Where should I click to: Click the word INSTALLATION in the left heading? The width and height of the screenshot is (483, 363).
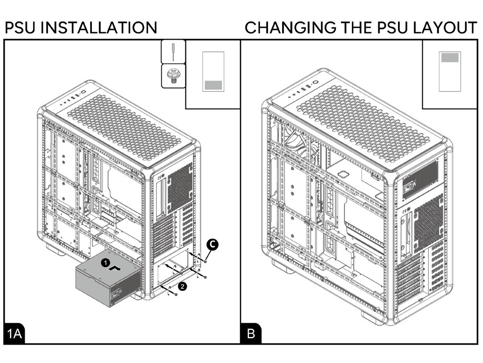(x=99, y=27)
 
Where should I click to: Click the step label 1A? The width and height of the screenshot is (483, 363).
(x=15, y=334)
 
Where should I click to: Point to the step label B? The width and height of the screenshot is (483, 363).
(x=251, y=334)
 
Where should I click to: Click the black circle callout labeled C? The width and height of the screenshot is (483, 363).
(x=212, y=244)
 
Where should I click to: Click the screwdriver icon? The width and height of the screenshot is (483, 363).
(x=173, y=51)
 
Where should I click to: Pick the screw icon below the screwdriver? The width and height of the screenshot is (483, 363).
(x=173, y=76)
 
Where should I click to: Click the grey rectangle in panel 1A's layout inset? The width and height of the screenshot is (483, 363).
(x=212, y=85)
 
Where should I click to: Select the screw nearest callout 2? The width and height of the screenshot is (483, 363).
(x=175, y=294)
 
